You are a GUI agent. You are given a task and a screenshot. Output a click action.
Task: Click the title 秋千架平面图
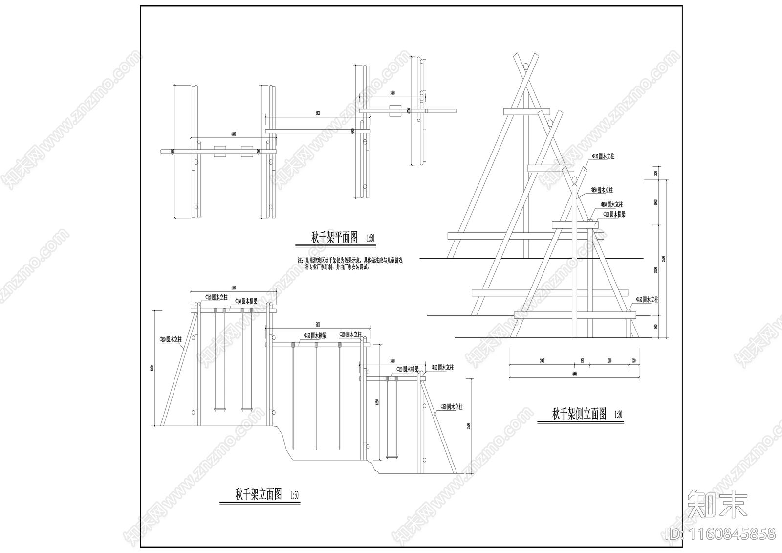[335, 238]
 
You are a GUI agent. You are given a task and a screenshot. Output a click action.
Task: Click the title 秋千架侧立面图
[579, 414]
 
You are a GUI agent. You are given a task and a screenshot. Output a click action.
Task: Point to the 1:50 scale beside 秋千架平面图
[369, 239]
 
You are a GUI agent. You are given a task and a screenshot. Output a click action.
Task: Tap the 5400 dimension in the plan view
[318, 113]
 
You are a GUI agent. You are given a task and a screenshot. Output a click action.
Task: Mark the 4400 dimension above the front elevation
[233, 288]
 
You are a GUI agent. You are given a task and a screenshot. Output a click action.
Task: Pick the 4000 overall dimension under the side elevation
[574, 374]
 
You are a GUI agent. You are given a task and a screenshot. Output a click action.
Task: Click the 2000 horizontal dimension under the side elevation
[542, 361]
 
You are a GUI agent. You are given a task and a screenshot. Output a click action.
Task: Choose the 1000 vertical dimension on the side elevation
[656, 203]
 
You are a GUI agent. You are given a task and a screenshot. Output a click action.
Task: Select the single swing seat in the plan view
[394, 111]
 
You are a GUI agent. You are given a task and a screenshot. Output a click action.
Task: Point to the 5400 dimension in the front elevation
[318, 325]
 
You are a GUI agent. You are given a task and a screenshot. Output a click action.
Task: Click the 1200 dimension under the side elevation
[609, 361]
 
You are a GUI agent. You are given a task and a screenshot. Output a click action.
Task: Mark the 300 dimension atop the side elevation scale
[656, 173]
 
